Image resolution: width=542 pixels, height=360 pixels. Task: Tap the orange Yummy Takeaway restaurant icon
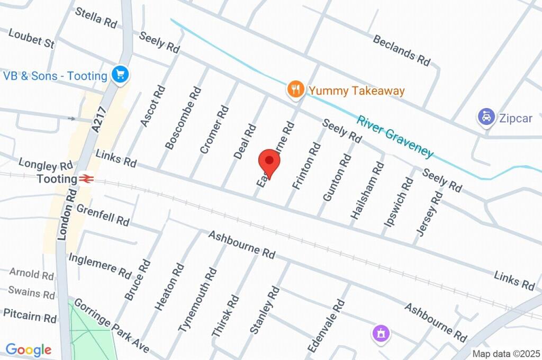295,89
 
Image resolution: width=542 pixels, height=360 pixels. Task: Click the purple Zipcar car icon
485,117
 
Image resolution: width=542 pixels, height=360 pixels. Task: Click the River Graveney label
395,136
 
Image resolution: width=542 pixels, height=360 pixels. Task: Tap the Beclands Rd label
402,50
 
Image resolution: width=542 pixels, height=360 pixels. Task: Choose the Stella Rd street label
96,17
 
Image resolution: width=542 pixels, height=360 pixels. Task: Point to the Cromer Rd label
214,129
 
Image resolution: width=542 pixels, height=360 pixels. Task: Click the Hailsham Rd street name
367,191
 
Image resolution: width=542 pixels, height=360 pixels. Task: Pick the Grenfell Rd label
103,215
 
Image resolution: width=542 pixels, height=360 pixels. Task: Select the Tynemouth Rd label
197,300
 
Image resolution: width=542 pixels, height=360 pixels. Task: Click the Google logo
29,349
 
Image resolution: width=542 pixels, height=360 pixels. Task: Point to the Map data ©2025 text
505,354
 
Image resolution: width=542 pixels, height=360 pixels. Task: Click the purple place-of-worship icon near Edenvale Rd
381,333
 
